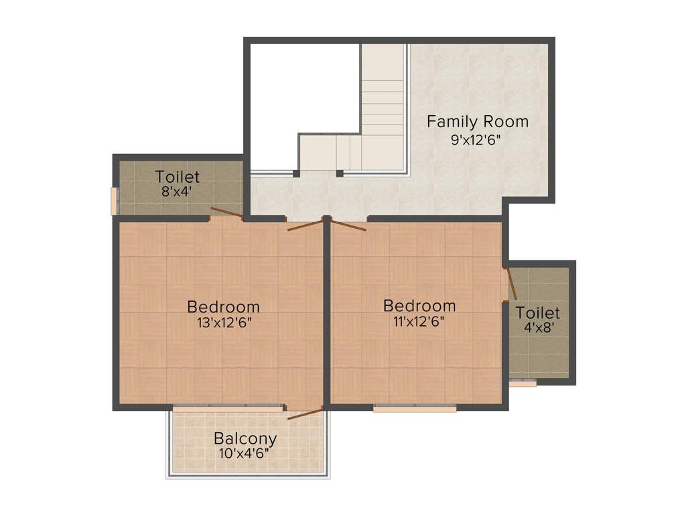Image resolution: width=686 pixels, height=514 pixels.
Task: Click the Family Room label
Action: coord(478,122)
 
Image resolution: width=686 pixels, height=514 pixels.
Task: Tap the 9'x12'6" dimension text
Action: coord(477,140)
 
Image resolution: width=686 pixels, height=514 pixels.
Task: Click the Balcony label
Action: coord(245,439)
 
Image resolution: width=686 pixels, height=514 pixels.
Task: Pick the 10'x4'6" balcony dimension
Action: coord(245,454)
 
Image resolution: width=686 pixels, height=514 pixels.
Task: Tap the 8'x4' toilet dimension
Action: coord(178,191)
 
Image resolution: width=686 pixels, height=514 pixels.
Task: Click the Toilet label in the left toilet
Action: coord(178,177)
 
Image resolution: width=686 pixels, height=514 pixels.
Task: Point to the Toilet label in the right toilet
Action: coord(537,313)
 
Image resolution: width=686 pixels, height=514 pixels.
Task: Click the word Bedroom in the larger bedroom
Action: coord(223,307)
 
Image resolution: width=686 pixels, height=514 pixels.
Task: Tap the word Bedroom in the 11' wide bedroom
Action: coord(419,306)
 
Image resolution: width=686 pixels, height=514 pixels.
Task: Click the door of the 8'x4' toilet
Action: coord(226,213)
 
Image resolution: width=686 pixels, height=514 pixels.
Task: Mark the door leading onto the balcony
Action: coord(305,413)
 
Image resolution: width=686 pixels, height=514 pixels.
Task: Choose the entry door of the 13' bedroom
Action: coord(305,224)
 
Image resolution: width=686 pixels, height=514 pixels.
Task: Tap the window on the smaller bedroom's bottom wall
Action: coord(415,408)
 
